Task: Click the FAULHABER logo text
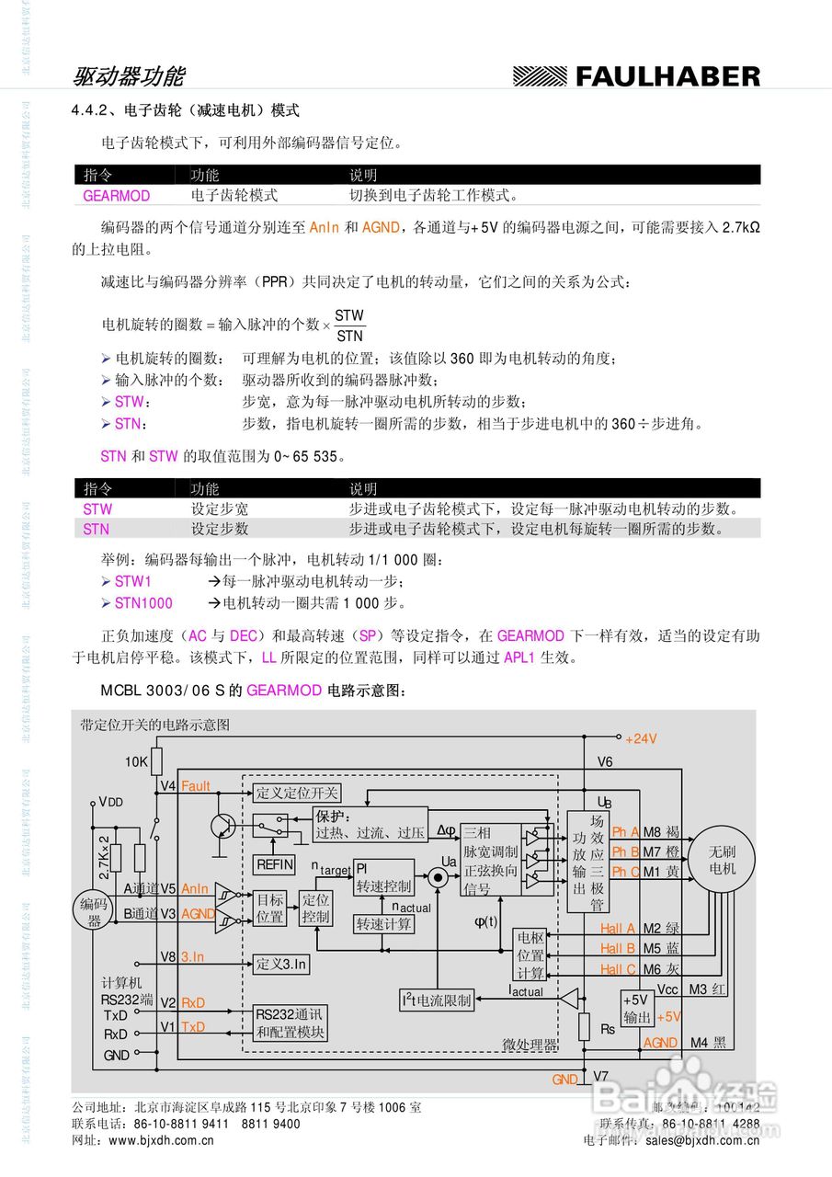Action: tap(667, 77)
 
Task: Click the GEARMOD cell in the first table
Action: tap(116, 196)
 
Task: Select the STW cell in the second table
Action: tap(97, 509)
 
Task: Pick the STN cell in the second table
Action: tap(96, 529)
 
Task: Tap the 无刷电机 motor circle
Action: tap(722, 859)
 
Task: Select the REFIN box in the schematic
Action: tap(274, 864)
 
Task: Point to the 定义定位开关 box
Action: tap(297, 793)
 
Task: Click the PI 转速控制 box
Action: tap(383, 877)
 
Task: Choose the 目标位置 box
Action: tap(270, 908)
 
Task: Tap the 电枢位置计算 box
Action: tap(530, 954)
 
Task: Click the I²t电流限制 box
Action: tap(436, 1000)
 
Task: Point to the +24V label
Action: tap(641, 738)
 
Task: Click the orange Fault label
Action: tap(195, 786)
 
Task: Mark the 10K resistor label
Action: tap(136, 761)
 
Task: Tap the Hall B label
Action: tap(618, 948)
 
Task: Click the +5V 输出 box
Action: tap(636, 1009)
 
